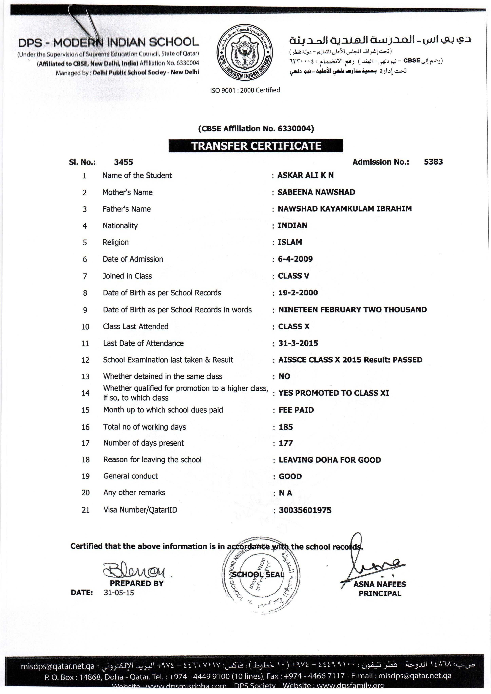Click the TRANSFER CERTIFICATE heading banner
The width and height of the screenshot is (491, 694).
(256, 146)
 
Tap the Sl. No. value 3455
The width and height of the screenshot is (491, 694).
(123, 162)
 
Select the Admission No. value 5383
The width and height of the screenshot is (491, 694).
(433, 162)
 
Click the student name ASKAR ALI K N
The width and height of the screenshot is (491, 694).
(305, 175)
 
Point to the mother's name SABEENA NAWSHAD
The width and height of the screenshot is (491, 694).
(316, 192)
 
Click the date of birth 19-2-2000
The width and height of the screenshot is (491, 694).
(298, 293)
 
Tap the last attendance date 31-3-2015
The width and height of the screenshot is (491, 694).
(298, 343)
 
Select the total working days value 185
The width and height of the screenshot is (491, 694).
(286, 427)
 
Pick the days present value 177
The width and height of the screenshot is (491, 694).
(286, 443)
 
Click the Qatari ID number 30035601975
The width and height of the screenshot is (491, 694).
(305, 510)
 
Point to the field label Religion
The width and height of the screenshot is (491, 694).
(116, 242)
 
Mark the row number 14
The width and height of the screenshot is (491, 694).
(85, 393)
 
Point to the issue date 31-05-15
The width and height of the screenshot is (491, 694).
(119, 593)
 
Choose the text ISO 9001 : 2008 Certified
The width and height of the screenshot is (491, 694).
(245, 90)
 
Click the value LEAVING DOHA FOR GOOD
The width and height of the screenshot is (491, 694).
(330, 460)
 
